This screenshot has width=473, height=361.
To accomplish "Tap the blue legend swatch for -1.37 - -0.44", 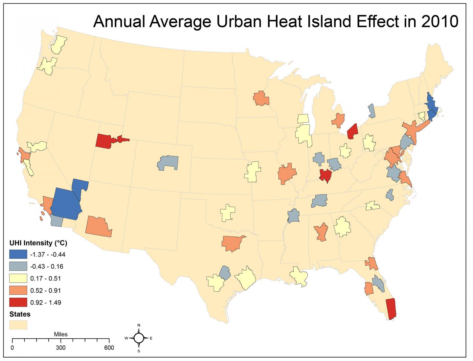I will point(18,254).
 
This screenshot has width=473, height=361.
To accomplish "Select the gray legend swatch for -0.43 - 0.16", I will point(18,266).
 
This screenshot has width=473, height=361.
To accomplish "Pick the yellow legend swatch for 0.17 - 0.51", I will point(18,279).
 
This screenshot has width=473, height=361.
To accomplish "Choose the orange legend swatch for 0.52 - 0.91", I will point(18,291).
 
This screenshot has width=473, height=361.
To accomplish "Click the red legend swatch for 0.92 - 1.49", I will point(18,303).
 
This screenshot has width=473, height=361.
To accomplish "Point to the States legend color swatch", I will point(18,325).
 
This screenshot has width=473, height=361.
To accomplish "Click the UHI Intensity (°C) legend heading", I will point(38,243).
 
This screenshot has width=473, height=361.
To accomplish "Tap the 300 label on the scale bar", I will point(60,348).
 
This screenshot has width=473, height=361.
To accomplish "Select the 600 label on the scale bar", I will point(109,348).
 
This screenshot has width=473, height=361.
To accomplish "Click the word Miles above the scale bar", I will point(60,334).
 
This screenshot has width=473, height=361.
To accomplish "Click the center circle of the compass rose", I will point(139,338).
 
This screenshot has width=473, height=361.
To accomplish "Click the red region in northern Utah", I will point(104,141).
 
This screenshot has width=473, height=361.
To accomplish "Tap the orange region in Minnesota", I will point(261,98).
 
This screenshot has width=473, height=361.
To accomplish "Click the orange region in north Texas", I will point(232,243).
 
